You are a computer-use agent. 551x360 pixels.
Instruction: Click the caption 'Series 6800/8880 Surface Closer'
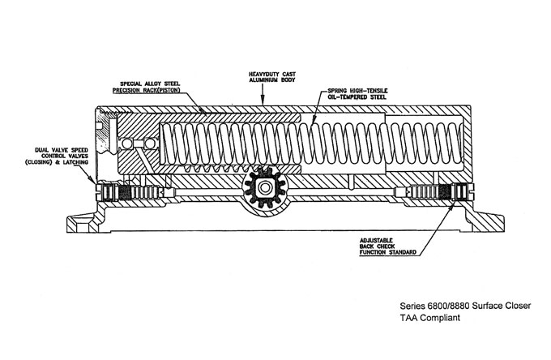point(451,306)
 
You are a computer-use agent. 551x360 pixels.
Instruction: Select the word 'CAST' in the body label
point(282,75)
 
